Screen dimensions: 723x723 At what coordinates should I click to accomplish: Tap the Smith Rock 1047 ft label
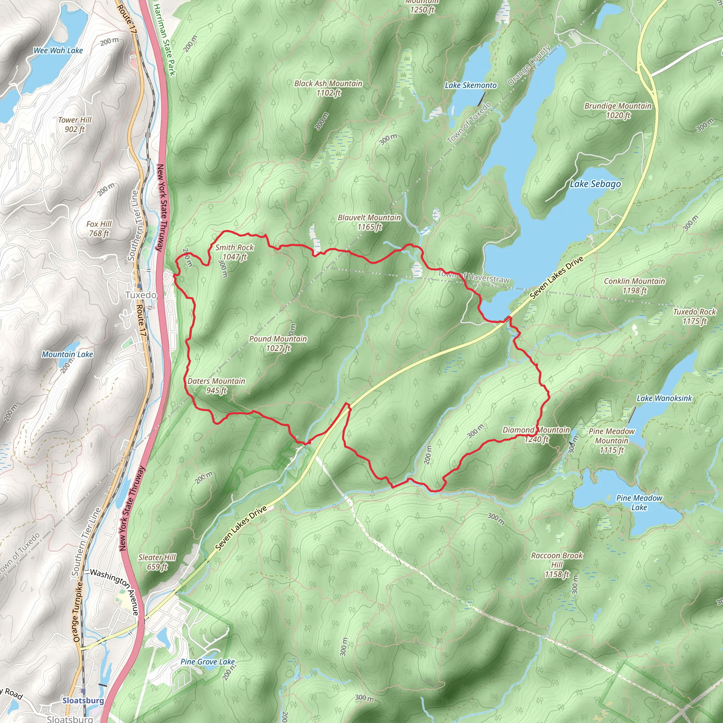(235, 252)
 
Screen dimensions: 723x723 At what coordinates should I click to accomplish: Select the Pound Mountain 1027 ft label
(278, 343)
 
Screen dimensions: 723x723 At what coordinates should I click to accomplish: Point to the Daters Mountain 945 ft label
(216, 386)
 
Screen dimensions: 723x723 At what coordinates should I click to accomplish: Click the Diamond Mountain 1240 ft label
(536, 435)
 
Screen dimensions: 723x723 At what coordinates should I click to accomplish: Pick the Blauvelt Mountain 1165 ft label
(369, 222)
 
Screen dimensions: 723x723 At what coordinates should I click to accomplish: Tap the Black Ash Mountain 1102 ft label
(328, 88)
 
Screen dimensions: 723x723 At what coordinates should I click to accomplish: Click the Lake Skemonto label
(470, 85)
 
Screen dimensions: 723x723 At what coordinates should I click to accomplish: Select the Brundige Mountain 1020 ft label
(618, 110)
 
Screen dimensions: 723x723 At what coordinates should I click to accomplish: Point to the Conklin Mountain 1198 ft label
(634, 286)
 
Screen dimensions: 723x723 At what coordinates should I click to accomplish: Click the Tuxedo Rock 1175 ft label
(694, 316)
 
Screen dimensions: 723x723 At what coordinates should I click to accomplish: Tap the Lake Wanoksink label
(664, 398)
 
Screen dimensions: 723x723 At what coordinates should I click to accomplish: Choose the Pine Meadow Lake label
(639, 503)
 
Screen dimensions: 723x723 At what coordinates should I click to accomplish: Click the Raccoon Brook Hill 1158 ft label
(557, 565)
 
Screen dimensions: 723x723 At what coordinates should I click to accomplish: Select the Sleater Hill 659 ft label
(157, 562)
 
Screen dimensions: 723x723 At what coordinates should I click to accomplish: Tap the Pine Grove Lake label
(208, 662)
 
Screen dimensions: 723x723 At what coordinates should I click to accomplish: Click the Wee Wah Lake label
(58, 50)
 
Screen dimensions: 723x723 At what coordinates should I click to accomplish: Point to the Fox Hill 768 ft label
(99, 228)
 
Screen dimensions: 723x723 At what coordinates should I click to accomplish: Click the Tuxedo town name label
(141, 295)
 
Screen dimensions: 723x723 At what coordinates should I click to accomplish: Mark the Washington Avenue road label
(114, 592)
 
